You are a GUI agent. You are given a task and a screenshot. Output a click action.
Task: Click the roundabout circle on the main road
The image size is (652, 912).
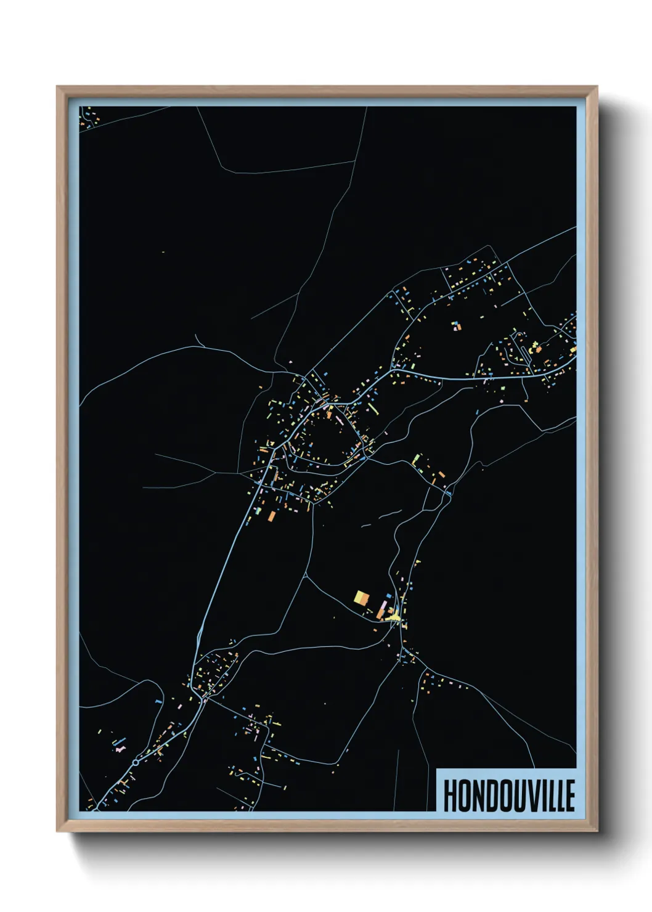[135, 763]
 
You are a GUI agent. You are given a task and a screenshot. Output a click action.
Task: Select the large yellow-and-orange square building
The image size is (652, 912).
[361, 597]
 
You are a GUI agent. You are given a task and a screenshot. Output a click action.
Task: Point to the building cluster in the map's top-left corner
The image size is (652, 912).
[88, 116]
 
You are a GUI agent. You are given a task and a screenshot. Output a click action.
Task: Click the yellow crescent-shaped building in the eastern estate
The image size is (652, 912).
[534, 344]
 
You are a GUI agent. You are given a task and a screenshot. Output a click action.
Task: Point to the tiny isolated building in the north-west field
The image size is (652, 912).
[163, 252]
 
